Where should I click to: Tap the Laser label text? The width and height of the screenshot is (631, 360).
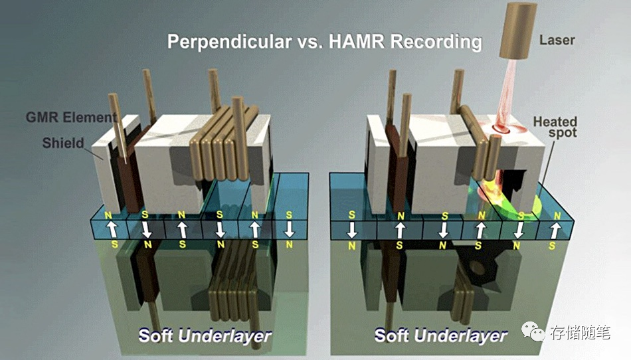(x=557, y=41)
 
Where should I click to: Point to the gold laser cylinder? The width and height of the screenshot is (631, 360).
(x=518, y=31)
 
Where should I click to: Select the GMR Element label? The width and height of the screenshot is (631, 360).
(x=71, y=118)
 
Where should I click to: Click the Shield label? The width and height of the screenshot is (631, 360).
(x=63, y=143)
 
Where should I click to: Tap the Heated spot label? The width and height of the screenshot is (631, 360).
(x=555, y=127)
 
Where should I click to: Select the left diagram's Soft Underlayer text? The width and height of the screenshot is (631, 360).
(x=205, y=335)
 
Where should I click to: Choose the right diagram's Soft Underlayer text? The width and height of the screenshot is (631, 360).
(x=440, y=335)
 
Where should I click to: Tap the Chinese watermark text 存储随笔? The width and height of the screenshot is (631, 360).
(x=581, y=333)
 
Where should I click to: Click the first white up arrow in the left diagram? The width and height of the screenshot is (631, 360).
(x=112, y=229)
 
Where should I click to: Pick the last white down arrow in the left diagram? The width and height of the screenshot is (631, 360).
(x=288, y=229)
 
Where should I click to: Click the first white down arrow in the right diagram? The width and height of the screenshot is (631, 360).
(x=352, y=229)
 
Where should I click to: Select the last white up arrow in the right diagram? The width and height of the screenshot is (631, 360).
(x=555, y=230)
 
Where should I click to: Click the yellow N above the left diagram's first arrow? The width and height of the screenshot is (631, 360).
(x=108, y=216)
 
